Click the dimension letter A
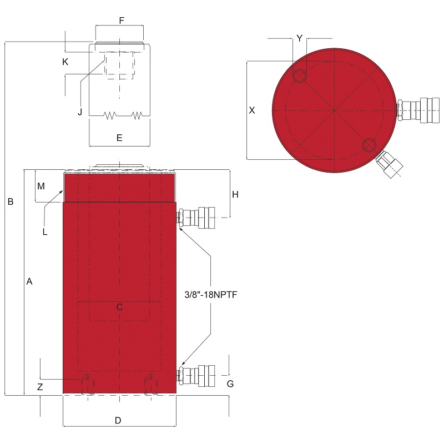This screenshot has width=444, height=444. (x=29, y=281)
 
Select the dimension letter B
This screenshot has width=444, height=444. (x=11, y=201)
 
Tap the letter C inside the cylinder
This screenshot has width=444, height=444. (x=119, y=307)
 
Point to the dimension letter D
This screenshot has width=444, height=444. (x=118, y=421)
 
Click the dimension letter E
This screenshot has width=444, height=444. (x=119, y=138)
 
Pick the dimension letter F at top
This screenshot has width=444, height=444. (x=122, y=21)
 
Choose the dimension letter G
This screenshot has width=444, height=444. (x=230, y=384)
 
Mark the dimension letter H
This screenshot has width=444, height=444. (x=235, y=195)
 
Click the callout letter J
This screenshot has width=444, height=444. (x=80, y=112)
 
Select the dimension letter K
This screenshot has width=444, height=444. (x=65, y=62)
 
